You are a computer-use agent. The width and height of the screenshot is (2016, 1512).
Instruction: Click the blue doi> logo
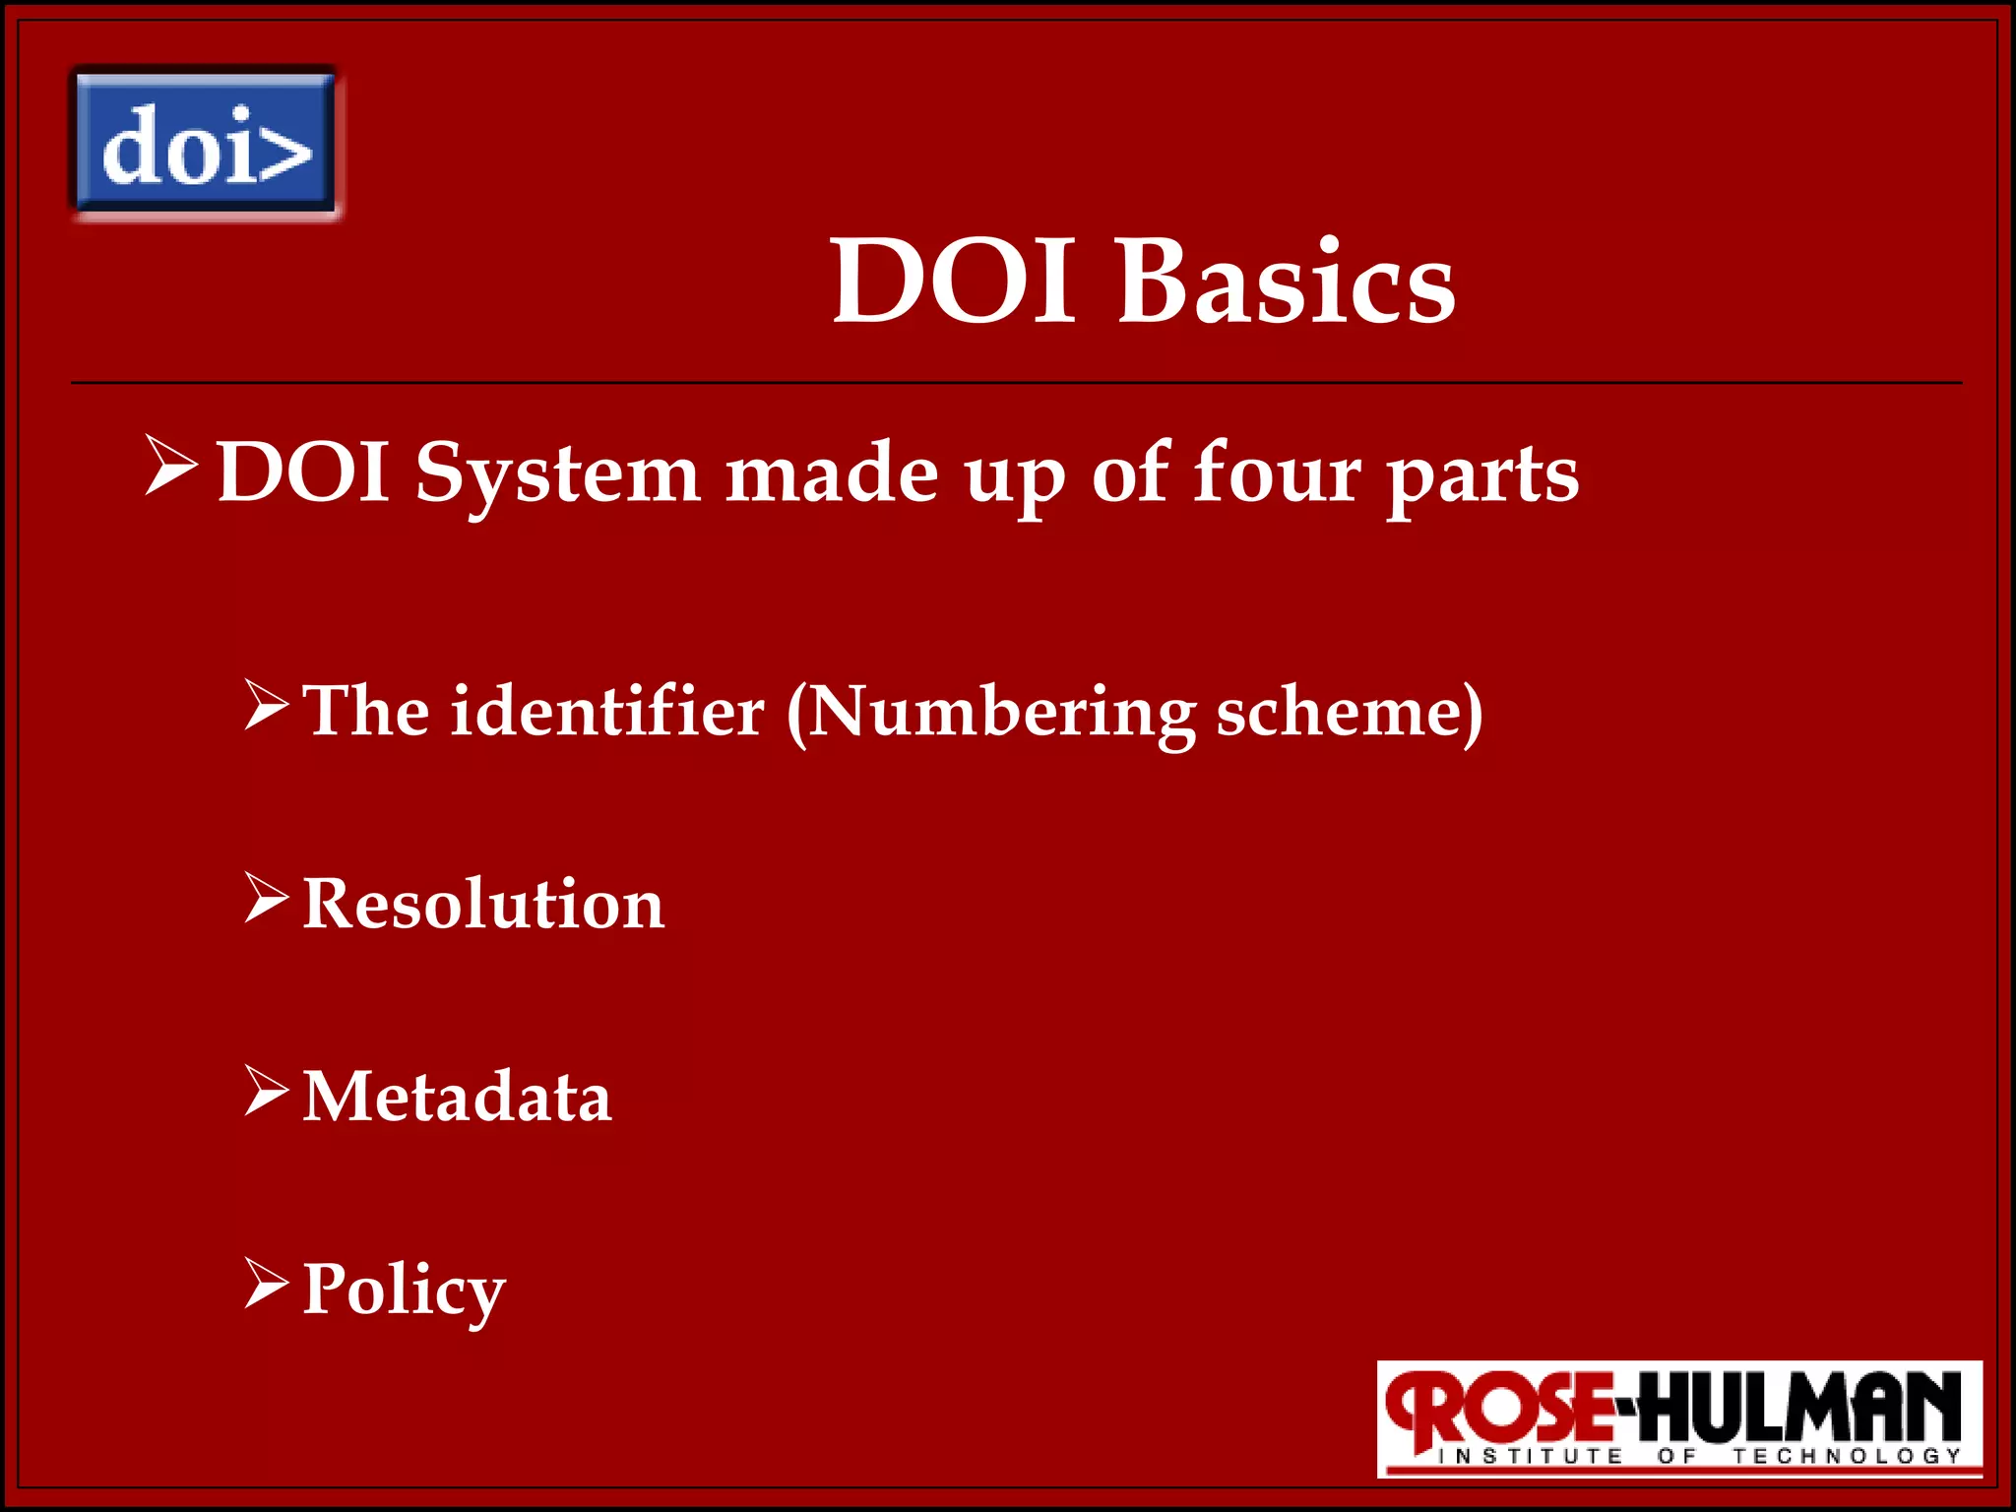click(205, 143)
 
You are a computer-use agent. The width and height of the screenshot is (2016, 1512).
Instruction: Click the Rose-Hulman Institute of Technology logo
click(1678, 1418)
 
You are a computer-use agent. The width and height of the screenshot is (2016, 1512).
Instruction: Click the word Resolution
click(483, 904)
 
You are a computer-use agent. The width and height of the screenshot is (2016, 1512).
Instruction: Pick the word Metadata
click(457, 1096)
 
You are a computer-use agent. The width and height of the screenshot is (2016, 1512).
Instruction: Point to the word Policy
click(404, 1290)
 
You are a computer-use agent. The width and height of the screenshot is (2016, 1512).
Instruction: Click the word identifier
click(607, 711)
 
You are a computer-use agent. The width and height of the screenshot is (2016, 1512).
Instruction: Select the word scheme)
click(1350, 711)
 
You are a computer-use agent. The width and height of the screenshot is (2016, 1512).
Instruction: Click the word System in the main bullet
click(557, 475)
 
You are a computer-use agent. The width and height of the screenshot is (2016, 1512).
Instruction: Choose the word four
click(1277, 473)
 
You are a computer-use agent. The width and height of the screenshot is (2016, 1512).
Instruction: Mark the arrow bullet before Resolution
click(267, 898)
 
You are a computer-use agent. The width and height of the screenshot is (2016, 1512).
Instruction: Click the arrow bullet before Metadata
click(267, 1091)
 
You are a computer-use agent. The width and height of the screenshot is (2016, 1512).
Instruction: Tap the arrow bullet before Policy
click(267, 1284)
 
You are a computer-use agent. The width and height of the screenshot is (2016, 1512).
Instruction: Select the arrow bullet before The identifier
click(267, 705)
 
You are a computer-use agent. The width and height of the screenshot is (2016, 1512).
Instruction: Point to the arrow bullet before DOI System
click(171, 466)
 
